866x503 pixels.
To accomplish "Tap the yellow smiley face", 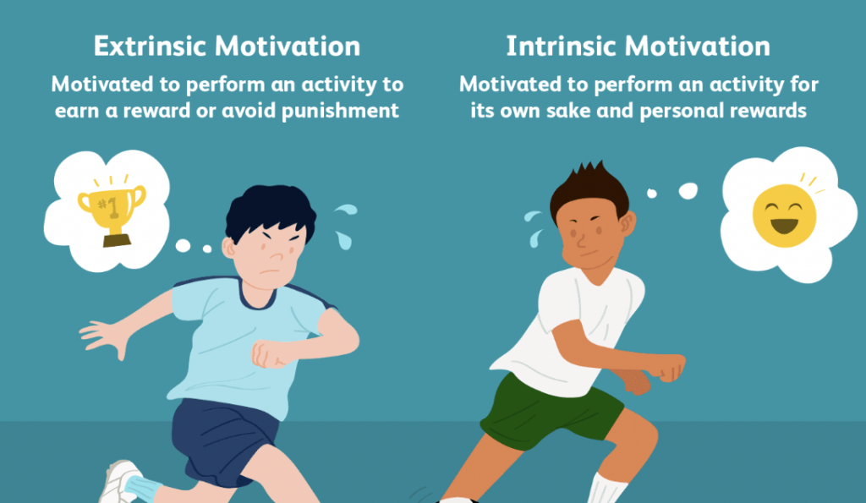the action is tap(784, 216).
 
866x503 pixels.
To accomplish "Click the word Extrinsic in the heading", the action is tap(149, 46).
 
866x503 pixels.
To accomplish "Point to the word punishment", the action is tap(340, 112).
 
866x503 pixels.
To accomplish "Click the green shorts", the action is tap(552, 412).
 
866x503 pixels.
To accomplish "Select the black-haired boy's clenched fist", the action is tap(269, 353).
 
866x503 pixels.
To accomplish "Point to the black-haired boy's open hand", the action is tap(106, 336).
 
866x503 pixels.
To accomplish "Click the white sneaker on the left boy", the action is tap(118, 482).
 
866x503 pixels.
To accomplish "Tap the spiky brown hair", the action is tap(589, 189).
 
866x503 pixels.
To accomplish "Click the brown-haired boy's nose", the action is tap(582, 241).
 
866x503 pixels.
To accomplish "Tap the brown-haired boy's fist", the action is tap(670, 367).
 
